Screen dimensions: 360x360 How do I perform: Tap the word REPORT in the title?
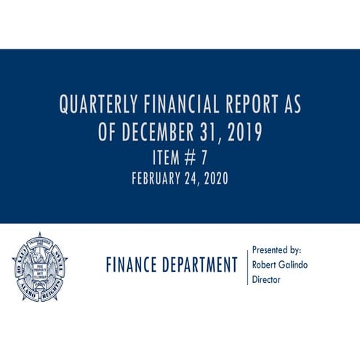pos(252,106)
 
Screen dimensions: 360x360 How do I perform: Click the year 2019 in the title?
pos(243,133)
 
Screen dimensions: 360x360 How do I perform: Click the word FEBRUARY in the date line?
pos(156,179)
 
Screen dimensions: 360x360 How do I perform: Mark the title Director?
pos(266,279)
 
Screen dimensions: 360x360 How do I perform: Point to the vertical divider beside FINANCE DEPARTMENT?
pos(247,265)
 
